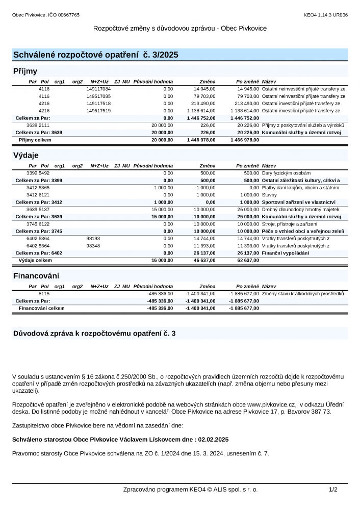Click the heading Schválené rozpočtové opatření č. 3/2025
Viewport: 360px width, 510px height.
tap(95, 55)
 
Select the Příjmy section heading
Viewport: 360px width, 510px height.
tap(25, 71)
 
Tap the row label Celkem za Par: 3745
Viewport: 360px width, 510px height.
tap(39, 232)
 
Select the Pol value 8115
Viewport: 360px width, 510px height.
tap(44, 294)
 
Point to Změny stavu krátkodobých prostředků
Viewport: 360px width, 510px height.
tap(303, 294)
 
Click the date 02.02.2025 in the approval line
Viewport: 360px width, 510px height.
tap(214, 439)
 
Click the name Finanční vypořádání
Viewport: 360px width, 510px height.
tap(285, 253)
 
